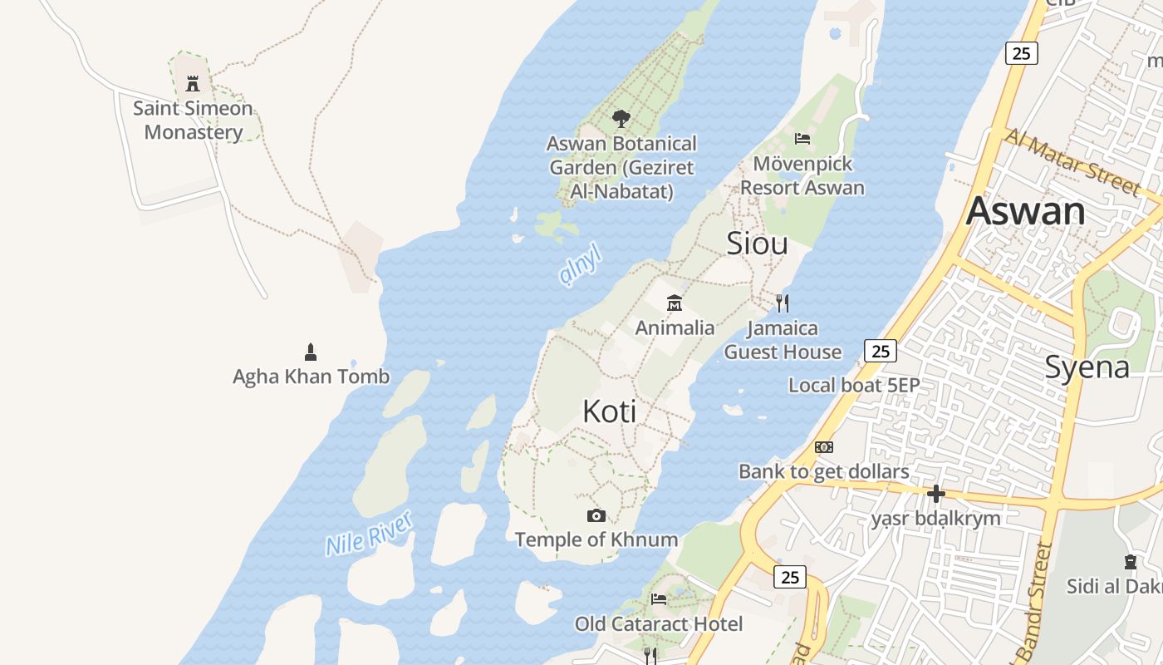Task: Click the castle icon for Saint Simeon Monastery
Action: click(193, 83)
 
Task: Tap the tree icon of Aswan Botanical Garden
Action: click(621, 119)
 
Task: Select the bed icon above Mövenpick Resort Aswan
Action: click(802, 138)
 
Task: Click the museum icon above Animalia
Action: click(675, 303)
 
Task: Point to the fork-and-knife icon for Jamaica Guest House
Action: click(782, 303)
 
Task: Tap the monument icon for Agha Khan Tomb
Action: click(311, 352)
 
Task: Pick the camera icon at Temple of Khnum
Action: click(596, 515)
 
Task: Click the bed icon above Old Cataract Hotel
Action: click(659, 598)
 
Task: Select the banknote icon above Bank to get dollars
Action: click(823, 447)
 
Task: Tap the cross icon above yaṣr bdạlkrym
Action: click(936, 494)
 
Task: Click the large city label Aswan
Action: click(1025, 211)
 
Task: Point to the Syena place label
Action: click(1087, 367)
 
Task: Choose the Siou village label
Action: click(757, 244)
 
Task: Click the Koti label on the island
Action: click(610, 411)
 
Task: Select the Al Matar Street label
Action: click(1072, 162)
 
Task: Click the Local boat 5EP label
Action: click(854, 385)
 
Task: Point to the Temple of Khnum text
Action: click(596, 539)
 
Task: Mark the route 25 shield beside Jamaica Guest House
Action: click(881, 351)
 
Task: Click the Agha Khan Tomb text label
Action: click(311, 377)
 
